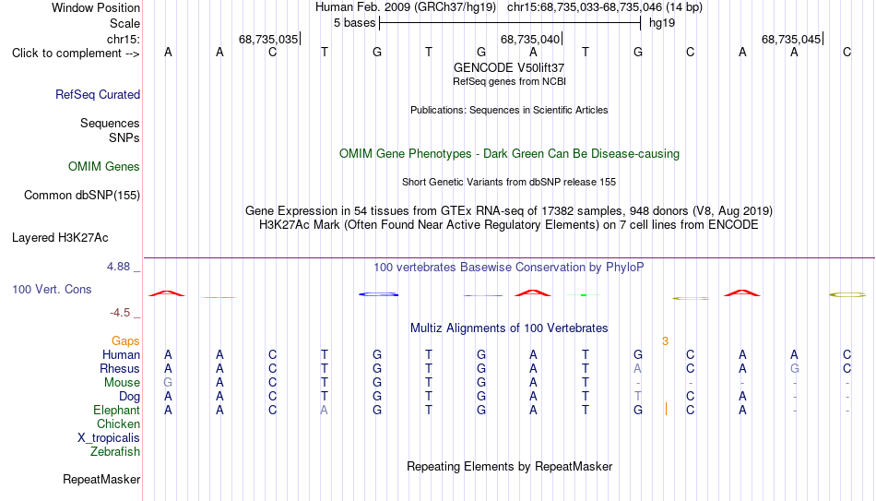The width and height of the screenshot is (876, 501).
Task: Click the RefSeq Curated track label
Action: click(x=98, y=94)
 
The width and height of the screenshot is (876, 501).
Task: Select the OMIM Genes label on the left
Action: click(x=104, y=167)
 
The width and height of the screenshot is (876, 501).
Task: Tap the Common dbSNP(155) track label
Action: click(x=82, y=196)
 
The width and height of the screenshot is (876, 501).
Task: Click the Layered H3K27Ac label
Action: click(x=60, y=238)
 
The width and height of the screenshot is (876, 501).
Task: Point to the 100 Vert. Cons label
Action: click(x=52, y=289)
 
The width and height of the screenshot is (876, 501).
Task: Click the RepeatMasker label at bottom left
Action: click(x=101, y=479)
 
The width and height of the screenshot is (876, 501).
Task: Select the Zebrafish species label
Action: click(x=115, y=451)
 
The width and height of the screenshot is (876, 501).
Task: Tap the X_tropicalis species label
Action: click(x=109, y=438)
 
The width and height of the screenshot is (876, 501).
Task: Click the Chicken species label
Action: click(x=118, y=423)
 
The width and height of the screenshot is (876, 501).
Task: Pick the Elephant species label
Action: click(x=117, y=411)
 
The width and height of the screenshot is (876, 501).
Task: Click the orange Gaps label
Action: click(x=125, y=341)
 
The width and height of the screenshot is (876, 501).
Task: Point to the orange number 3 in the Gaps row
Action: click(x=665, y=341)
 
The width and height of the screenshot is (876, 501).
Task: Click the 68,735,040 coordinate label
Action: click(x=529, y=39)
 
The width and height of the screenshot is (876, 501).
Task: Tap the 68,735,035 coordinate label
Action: click(x=268, y=39)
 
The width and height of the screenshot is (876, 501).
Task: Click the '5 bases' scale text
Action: click(x=355, y=23)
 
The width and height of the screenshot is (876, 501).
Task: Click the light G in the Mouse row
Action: click(x=168, y=383)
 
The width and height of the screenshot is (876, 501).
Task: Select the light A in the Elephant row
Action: click(x=324, y=410)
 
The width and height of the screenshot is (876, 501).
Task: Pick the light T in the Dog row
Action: click(x=638, y=397)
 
